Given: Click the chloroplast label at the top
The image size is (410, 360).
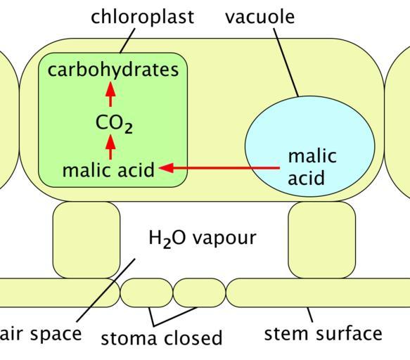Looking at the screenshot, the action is tap(142, 18).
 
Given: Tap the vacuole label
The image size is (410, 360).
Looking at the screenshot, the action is tap(260, 17).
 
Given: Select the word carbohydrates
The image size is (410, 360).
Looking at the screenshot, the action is tap(113, 70).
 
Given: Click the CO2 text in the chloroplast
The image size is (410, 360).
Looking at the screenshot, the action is tap(114, 124).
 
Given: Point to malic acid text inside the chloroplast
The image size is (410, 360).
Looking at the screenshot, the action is tap(108, 170).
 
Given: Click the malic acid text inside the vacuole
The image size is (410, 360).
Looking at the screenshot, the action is tap(312, 167).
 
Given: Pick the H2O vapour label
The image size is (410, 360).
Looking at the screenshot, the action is tap(203, 238).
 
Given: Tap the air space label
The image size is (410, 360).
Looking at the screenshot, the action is tap(41, 335).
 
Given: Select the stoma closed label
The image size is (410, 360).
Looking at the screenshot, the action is tap(162, 337).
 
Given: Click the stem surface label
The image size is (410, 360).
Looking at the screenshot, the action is tap(323, 333).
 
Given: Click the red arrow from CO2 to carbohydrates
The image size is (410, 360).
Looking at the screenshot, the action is tap(110, 94).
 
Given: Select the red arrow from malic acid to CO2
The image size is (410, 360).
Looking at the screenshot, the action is tap(110, 147).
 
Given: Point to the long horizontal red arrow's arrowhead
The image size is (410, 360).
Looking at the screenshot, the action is tap(166, 168).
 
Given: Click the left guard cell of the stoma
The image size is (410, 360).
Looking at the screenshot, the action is tap(146, 292).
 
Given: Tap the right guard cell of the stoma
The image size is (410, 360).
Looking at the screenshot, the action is tap(199, 292).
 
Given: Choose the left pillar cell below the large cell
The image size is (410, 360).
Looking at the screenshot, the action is tap(87, 240).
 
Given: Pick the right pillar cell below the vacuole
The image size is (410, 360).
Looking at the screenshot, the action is tap(322, 240).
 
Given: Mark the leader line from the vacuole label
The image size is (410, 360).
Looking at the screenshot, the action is tap(286, 63).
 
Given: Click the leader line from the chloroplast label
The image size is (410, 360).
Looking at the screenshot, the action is tap(127, 41).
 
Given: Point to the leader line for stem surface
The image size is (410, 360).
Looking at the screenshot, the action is tap(310, 314).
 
